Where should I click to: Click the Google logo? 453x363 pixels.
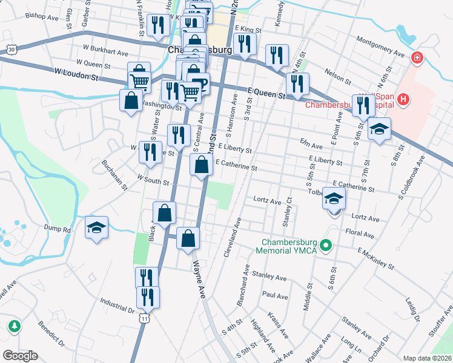click(20, 356)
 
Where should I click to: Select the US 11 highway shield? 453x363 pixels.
click(143, 317)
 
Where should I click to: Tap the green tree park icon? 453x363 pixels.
click(13, 327)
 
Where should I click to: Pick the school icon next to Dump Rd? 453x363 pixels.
click(96, 227)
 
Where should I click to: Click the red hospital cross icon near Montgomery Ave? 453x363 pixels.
click(416, 58)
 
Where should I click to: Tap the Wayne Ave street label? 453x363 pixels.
click(199, 279)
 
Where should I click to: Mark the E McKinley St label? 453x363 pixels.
click(375, 258)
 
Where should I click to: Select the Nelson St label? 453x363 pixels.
click(337, 77)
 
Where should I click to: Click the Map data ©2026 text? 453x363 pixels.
click(428, 358)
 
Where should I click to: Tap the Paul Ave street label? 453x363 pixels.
click(275, 296)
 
